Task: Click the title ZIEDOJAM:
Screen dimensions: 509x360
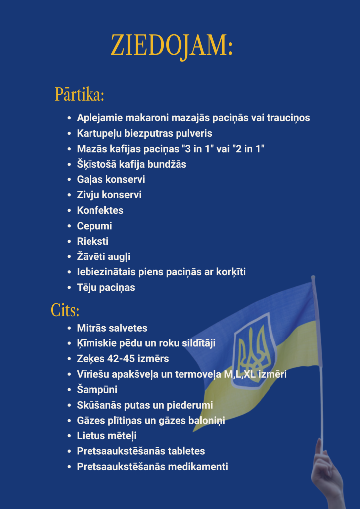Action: click(x=172, y=46)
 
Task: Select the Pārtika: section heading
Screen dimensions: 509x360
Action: click(x=79, y=94)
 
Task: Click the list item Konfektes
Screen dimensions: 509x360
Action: click(x=100, y=210)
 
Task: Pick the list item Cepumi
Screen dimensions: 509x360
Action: click(x=94, y=226)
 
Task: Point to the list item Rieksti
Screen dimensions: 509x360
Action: click(x=92, y=241)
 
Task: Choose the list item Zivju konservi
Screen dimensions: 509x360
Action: click(x=109, y=195)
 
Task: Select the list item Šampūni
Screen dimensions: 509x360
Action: click(x=97, y=390)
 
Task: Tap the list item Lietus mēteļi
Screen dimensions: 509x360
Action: click(x=106, y=436)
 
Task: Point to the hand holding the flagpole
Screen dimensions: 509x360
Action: click(x=326, y=472)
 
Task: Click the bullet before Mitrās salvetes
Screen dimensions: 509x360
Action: click(x=69, y=329)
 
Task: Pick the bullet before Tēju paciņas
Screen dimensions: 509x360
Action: click(x=69, y=288)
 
